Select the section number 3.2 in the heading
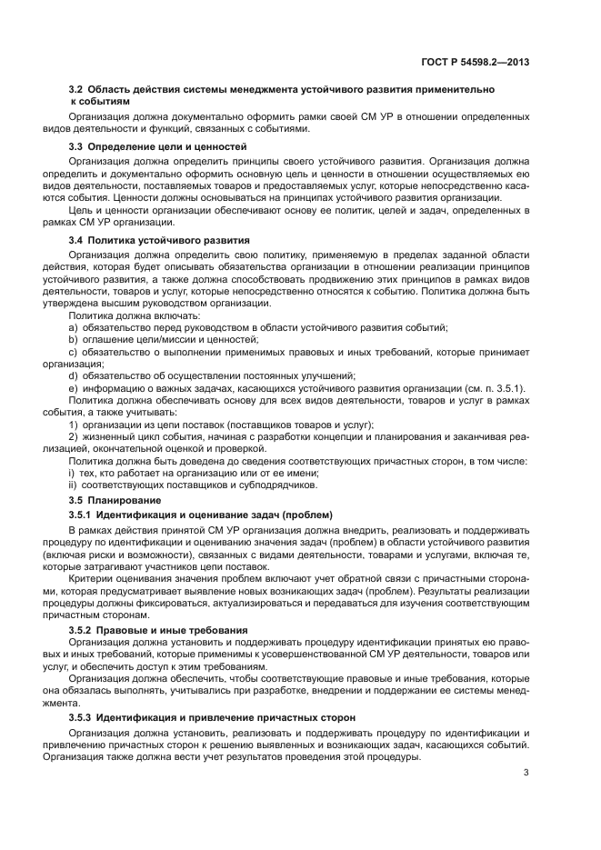[76, 91]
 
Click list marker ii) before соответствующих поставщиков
[73, 485]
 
